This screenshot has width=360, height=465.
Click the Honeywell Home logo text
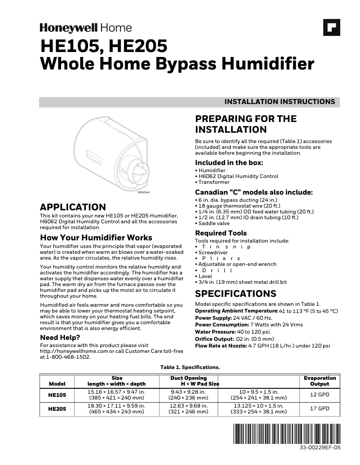pyautogui.click(x=86, y=28)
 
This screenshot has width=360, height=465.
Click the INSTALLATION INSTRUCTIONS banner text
pyautogui.click(x=279, y=102)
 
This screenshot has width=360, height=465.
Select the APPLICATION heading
pyautogui.click(x=73, y=207)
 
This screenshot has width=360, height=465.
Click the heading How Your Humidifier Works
pyautogui.click(x=96, y=238)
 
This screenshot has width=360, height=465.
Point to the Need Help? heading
pyautogui.click(x=60, y=337)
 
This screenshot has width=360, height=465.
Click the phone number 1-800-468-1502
pyautogui.click(x=68, y=357)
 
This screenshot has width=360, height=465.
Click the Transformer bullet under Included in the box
pyautogui.click(x=214, y=182)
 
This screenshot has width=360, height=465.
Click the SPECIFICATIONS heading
pyautogui.click(x=236, y=294)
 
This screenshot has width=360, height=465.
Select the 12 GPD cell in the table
pyautogui.click(x=320, y=395)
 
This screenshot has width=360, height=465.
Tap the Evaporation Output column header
pyautogui.click(x=320, y=381)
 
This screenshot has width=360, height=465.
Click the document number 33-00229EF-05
pyautogui.click(x=320, y=448)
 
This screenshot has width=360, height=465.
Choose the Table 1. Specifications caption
pyautogui.click(x=190, y=367)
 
